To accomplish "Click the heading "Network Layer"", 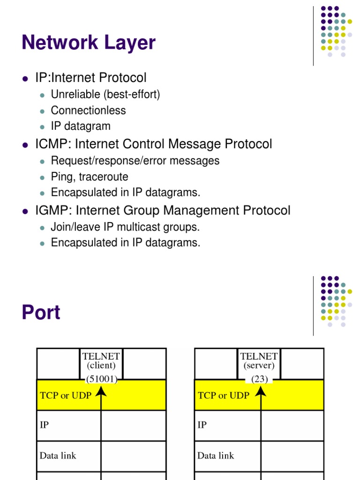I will pyautogui.click(x=88, y=43).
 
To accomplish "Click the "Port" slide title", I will pyautogui.click(x=41, y=313).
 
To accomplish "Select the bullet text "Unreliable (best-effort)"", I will pyautogui.click(x=105, y=95).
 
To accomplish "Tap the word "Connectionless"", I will pyautogui.click(x=88, y=111).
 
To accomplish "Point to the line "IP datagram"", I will pyautogui.click(x=81, y=126).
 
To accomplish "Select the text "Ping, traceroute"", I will pyautogui.click(x=90, y=177).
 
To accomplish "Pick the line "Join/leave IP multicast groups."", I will pyautogui.click(x=125, y=227).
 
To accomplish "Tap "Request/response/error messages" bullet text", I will pyautogui.click(x=135, y=161).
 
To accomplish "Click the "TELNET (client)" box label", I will pyautogui.click(x=101, y=361).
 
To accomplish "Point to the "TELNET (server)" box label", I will pyautogui.click(x=259, y=361).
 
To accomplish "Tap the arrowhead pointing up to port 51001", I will pyautogui.click(x=101, y=390).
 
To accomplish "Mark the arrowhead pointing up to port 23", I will pyautogui.click(x=261, y=390).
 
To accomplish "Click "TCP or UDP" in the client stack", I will pyautogui.click(x=66, y=396).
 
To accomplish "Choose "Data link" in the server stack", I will pyautogui.click(x=216, y=456).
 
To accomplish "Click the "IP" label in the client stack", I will pyautogui.click(x=44, y=425).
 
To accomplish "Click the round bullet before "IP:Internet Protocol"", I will pyautogui.click(x=25, y=78).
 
